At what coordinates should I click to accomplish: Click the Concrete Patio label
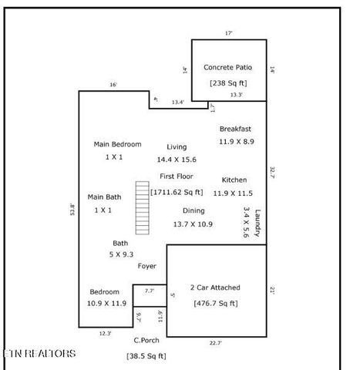coord(227,68)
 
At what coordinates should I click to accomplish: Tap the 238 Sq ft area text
coord(227,83)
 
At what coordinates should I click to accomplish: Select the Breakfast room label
coord(236,129)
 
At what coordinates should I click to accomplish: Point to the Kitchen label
coord(234,180)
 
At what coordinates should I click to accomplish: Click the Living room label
coord(177,146)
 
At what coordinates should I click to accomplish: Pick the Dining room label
coord(193,210)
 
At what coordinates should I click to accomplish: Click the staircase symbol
coord(141,207)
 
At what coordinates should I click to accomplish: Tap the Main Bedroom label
coord(117,144)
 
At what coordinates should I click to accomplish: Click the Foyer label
coord(146,266)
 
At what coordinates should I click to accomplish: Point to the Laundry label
coord(258,224)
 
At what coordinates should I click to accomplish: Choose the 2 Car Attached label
coord(215,288)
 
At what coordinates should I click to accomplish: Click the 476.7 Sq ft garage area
coord(215,303)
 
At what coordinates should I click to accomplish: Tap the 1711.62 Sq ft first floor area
coord(177,192)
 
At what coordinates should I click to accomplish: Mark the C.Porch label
coord(146,340)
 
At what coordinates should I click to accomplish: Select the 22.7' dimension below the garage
coord(216,343)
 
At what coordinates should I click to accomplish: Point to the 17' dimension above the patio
coord(228,33)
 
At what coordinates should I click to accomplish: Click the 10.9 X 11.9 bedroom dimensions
coord(106,304)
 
